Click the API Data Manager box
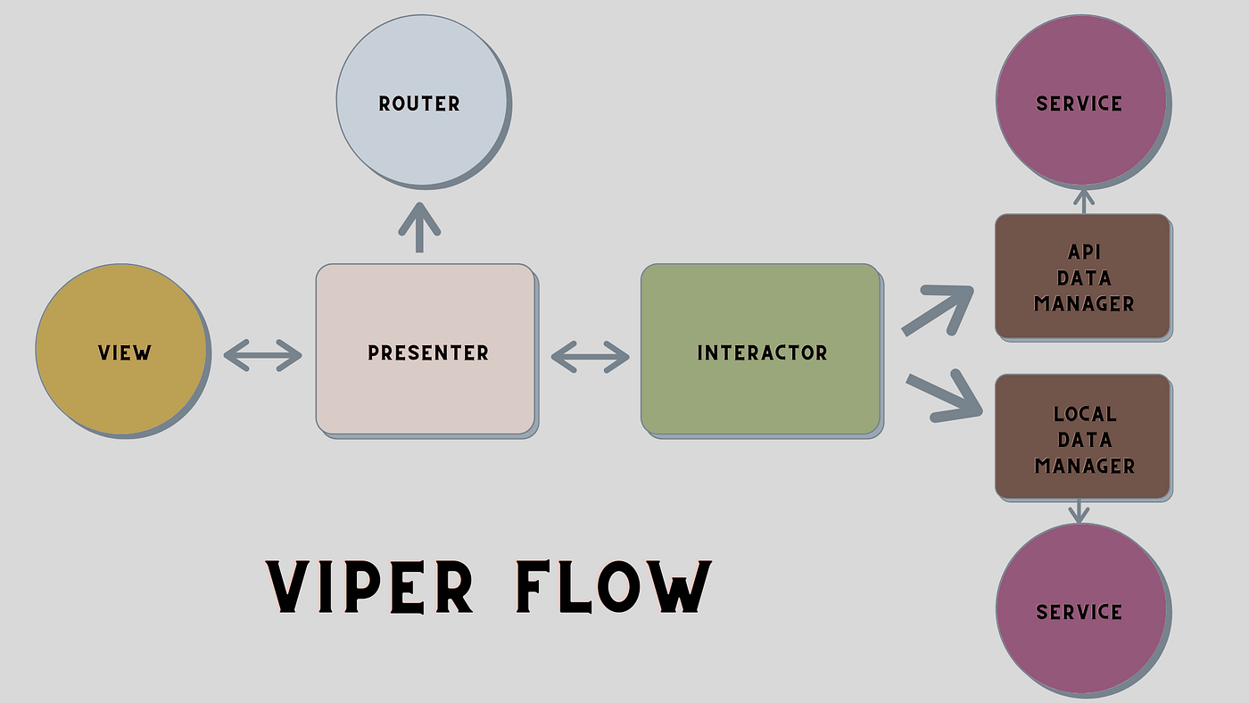1082,277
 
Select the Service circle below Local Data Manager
1080,610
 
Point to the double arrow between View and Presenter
263,355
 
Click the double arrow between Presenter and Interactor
590,357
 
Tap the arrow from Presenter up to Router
419,228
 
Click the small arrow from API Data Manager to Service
1083,201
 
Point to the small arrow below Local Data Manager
1079,511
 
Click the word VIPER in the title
369,587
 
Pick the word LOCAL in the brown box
1084,414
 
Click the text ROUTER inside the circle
419,103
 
